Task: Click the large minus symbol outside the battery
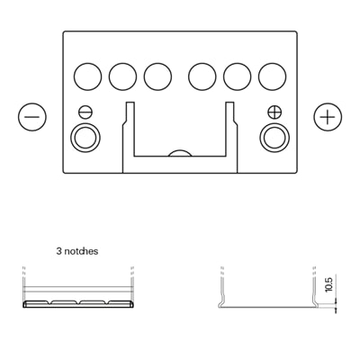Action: (x=32, y=117)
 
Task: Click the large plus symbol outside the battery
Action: (x=328, y=117)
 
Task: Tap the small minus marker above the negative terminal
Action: (x=85, y=112)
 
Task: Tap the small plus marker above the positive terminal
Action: (x=274, y=112)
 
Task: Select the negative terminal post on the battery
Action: (x=85, y=138)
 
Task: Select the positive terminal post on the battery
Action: (x=274, y=138)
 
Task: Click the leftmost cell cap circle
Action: (x=87, y=76)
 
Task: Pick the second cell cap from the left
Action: (x=123, y=76)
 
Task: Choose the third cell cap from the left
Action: (x=157, y=76)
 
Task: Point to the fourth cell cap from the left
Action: (x=202, y=76)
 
